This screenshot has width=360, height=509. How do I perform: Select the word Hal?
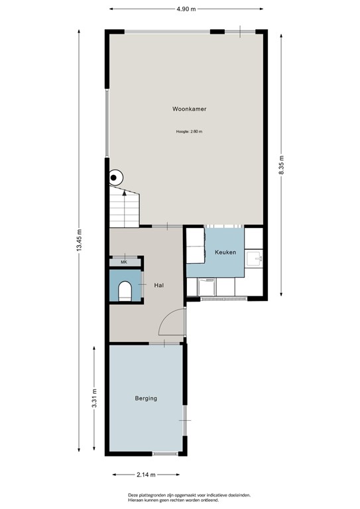click(158, 285)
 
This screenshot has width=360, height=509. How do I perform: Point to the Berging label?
click(146, 398)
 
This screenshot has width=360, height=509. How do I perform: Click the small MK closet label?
click(123, 262)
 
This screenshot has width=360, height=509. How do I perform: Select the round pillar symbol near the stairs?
click(116, 177)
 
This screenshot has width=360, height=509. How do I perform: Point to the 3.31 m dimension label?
click(95, 399)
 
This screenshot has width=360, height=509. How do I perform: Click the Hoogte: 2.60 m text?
click(189, 132)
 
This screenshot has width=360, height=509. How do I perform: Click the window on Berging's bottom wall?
click(164, 454)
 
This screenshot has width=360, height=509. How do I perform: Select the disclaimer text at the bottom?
click(189, 498)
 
